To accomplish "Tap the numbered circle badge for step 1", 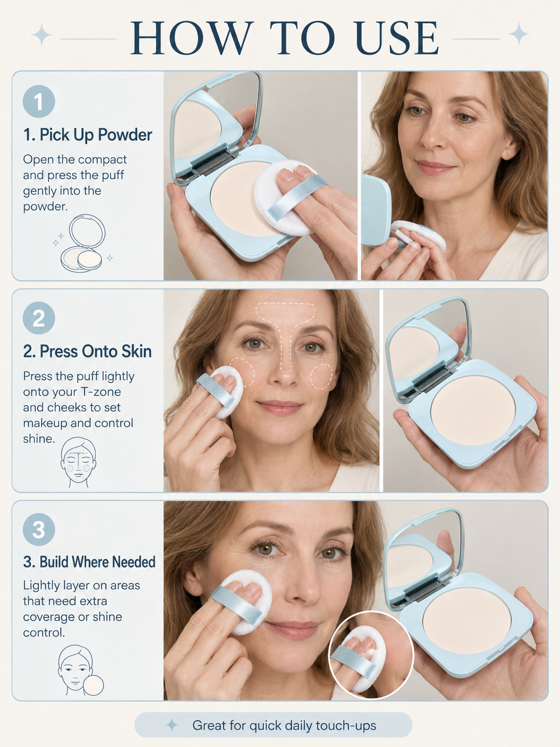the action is tap(39, 101).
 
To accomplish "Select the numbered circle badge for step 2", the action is tap(39, 318).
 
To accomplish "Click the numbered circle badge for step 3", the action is tap(39, 529).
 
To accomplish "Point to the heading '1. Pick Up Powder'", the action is tap(87, 135).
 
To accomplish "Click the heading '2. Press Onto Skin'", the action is tap(87, 351).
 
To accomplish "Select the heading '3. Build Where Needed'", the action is tap(89, 562).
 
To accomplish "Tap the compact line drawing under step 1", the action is tap(83, 243).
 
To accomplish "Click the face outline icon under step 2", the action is tap(78, 462).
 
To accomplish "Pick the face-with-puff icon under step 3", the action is tap(80, 671).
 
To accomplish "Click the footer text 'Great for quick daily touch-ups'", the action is tap(284, 725).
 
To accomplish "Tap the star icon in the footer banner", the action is tap(172, 725).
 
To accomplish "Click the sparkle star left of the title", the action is tap(41, 35).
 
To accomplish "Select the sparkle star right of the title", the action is tap(519, 34).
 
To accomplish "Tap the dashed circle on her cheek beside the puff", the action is tap(242, 372).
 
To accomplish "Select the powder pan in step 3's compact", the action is tap(467, 620).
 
